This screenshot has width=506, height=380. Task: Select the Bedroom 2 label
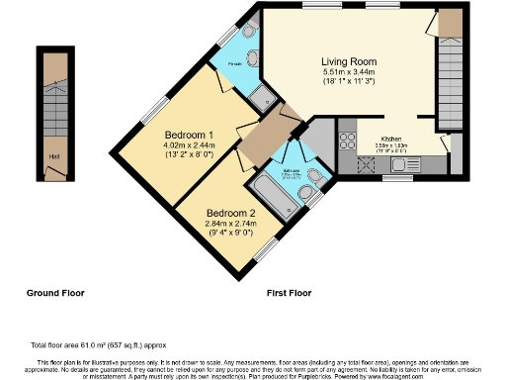click(230, 213)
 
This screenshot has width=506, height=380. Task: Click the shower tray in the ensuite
click(263, 96)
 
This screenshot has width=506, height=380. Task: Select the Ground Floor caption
click(54, 293)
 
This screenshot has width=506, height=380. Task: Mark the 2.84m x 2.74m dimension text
click(230, 225)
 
